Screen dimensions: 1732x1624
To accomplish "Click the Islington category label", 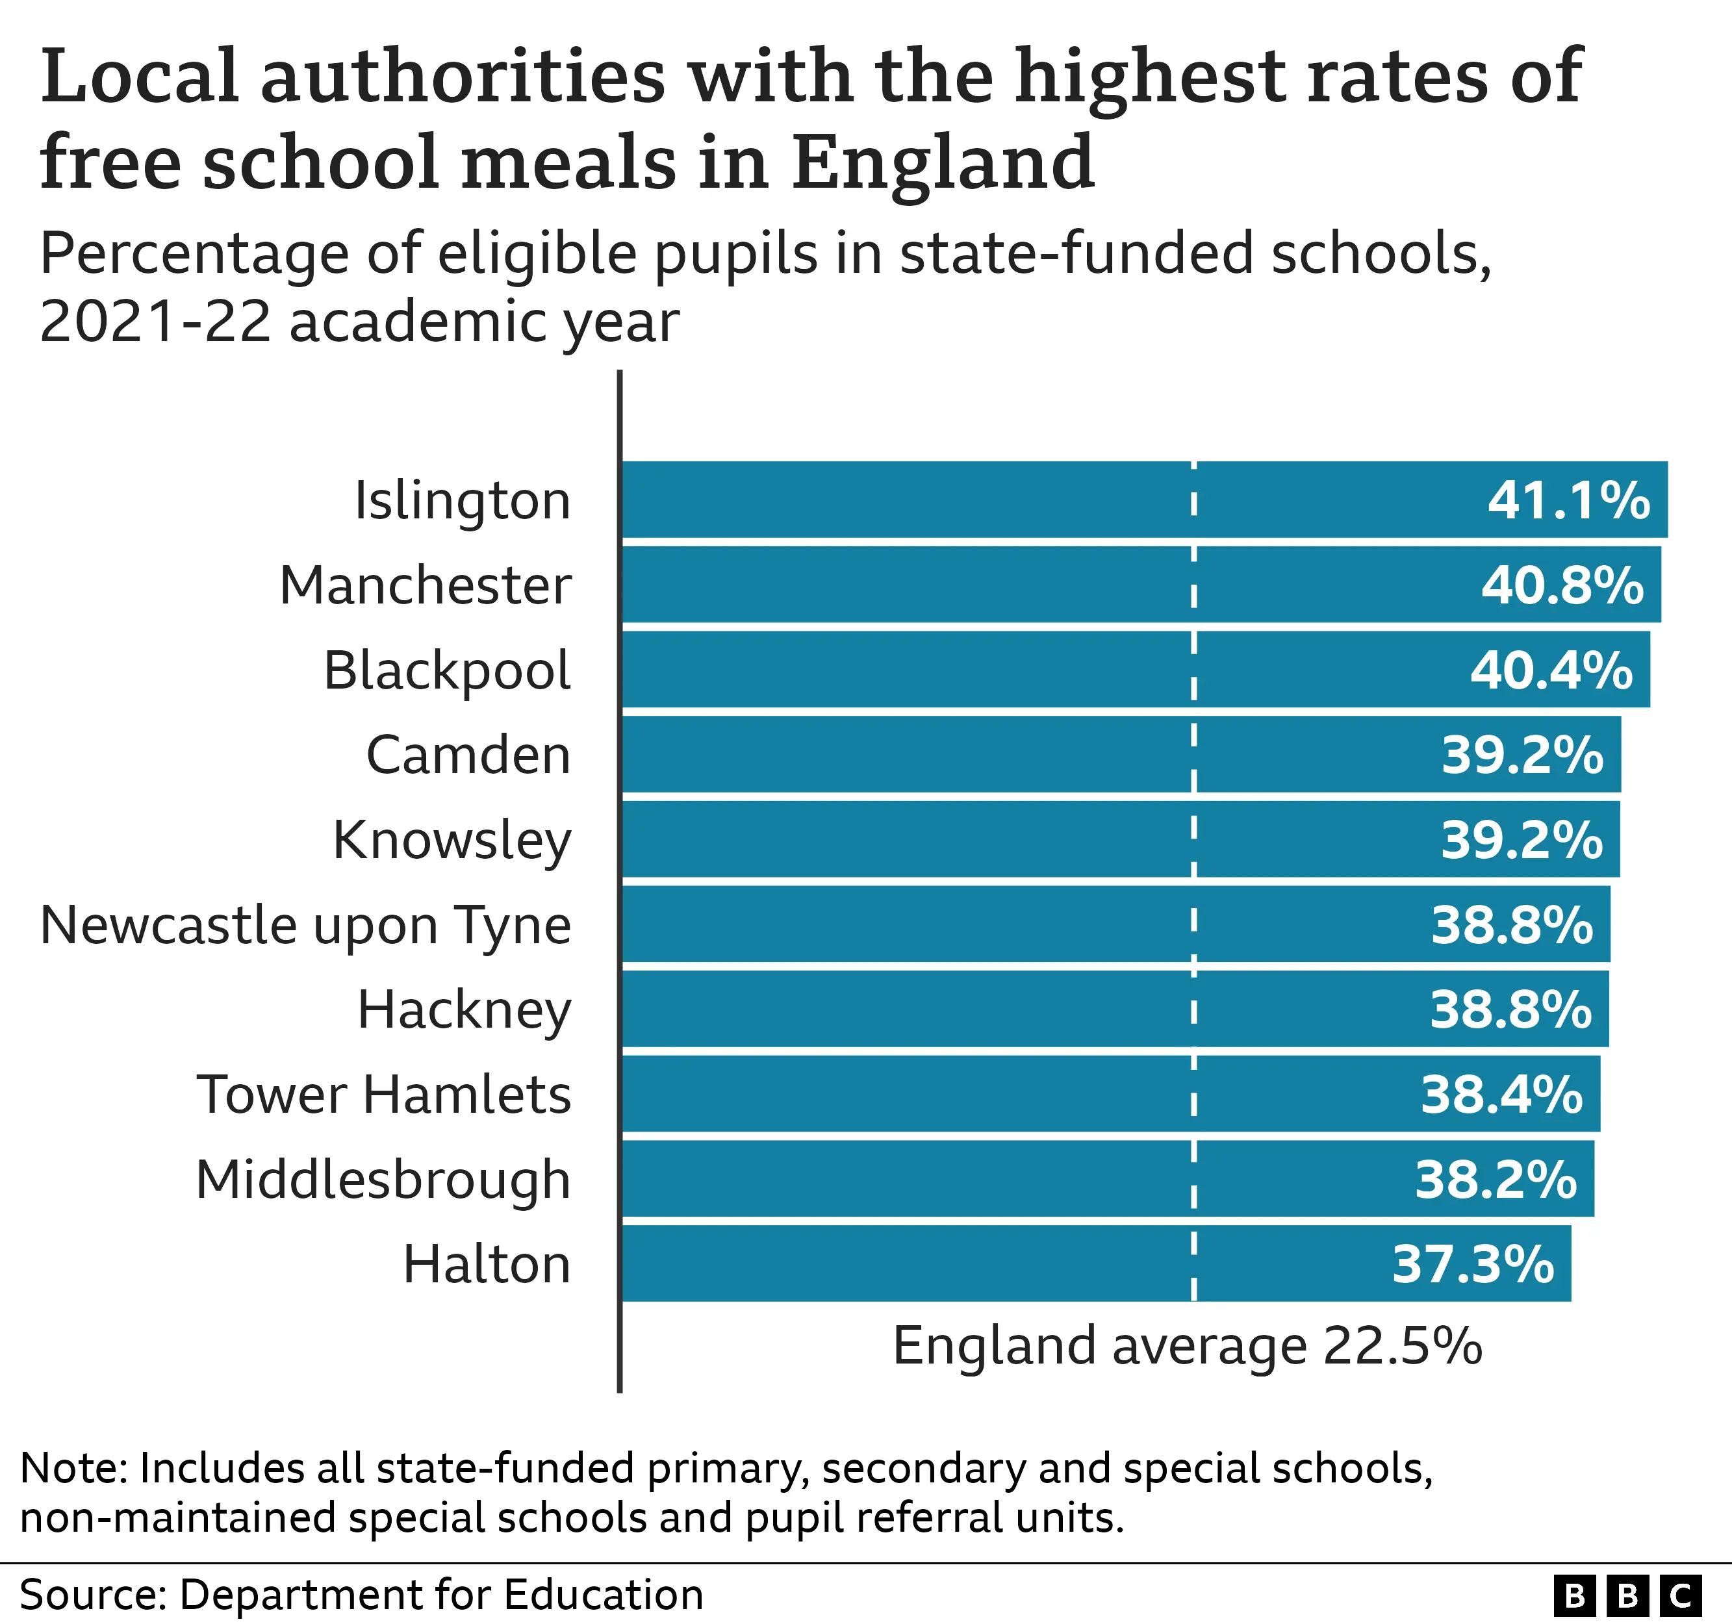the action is point(462,501).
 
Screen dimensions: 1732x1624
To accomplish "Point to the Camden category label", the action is point(468,754).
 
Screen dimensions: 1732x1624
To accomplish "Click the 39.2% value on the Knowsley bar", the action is point(1521,840).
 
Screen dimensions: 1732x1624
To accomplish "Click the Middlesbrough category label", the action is point(383,1180).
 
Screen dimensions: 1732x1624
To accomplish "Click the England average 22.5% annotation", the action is point(1187,1346).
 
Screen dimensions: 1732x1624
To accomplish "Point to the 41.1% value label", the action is point(1568,501).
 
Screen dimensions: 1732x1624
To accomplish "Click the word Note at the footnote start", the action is point(73,1468).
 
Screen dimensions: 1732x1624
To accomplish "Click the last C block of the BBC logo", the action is point(1681,1596).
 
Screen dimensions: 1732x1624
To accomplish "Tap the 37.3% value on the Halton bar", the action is point(1472,1264).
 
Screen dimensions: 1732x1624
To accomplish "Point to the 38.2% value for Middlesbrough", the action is point(1495,1180).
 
